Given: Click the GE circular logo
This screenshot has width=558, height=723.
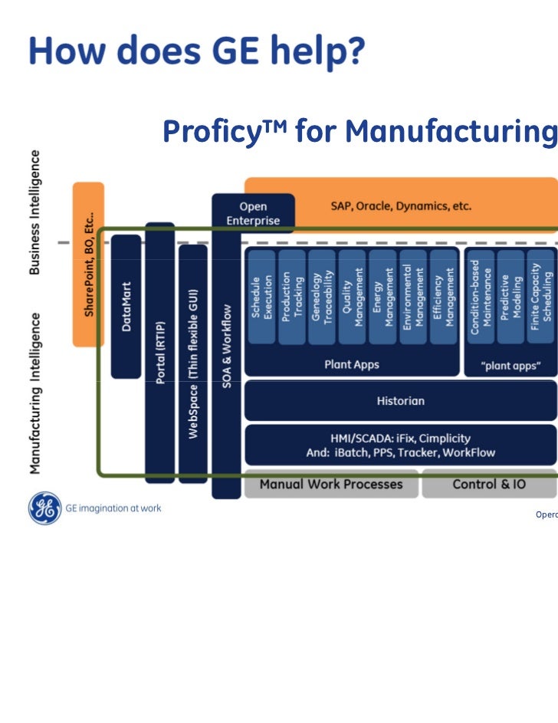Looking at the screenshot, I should click(44, 508).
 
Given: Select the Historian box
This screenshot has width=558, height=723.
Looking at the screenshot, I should click(400, 400).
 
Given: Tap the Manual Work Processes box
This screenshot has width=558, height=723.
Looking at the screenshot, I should click(330, 485).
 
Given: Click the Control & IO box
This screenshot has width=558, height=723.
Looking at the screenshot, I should click(489, 485).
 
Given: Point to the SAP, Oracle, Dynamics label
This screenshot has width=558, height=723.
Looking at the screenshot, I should click(400, 206).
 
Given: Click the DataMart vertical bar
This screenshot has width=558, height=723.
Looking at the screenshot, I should click(126, 307).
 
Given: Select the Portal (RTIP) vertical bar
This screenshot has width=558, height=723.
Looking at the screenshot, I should click(160, 353).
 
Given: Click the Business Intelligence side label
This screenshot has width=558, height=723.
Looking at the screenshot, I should click(35, 212).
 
